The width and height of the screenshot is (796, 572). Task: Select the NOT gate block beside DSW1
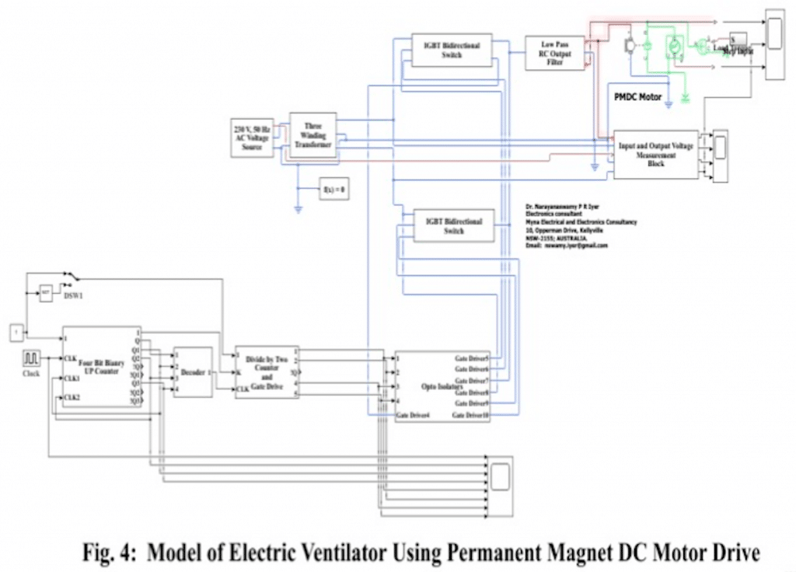pos(46,293)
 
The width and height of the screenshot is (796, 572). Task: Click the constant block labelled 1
pos(15,333)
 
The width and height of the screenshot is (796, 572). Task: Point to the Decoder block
pos(192,372)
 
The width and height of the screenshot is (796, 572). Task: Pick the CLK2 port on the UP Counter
pos(72,398)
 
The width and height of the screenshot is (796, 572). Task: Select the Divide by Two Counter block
pos(267,371)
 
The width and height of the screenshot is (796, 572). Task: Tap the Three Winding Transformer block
pos(312,135)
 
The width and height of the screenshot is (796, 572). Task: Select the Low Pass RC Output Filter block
pos(554,52)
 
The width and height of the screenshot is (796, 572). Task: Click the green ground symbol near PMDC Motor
pos(686,98)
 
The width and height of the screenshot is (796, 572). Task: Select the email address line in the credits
pos(567,246)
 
